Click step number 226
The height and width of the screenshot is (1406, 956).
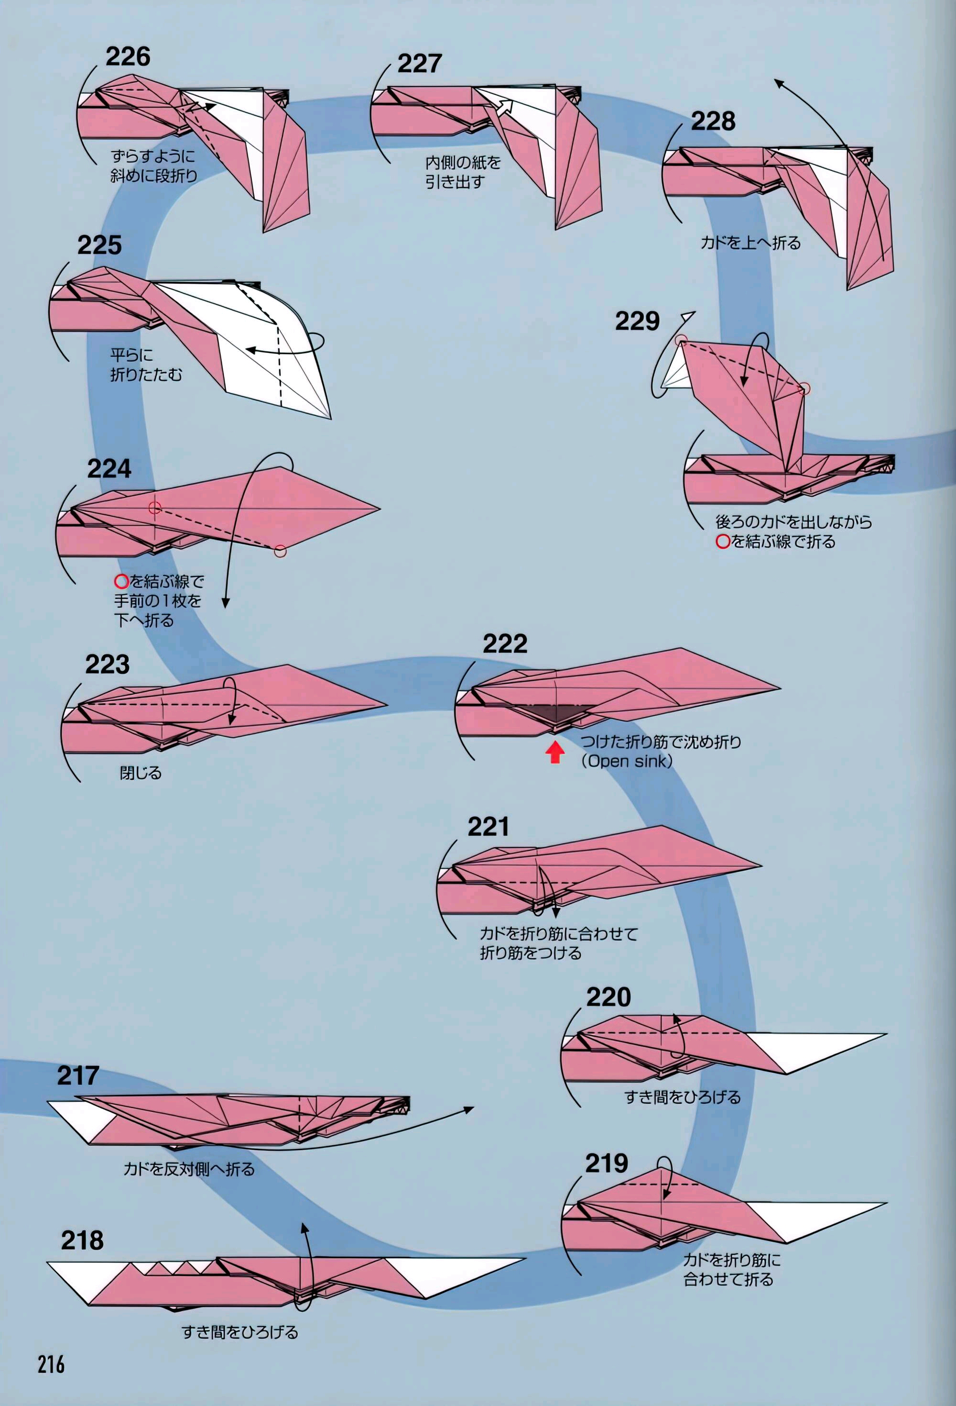(x=128, y=56)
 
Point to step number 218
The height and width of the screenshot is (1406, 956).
(x=82, y=1240)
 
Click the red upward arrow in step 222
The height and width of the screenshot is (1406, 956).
(x=555, y=752)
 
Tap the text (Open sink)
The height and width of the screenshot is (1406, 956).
(x=627, y=761)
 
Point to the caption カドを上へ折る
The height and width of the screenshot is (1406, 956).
(x=750, y=243)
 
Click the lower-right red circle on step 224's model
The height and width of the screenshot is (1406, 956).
(x=280, y=551)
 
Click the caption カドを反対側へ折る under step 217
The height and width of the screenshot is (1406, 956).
(x=189, y=1169)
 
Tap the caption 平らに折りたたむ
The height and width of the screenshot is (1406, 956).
(x=145, y=365)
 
